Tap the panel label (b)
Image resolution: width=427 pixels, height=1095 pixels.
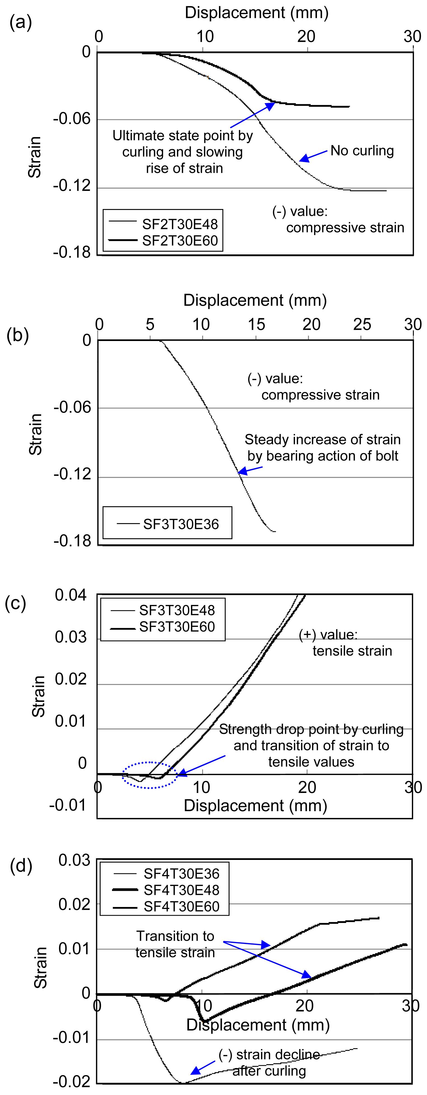18,336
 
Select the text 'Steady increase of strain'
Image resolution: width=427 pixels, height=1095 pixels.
323,440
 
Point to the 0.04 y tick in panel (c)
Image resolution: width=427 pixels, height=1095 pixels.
71,595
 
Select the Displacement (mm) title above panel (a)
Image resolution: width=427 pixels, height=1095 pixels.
256,13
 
